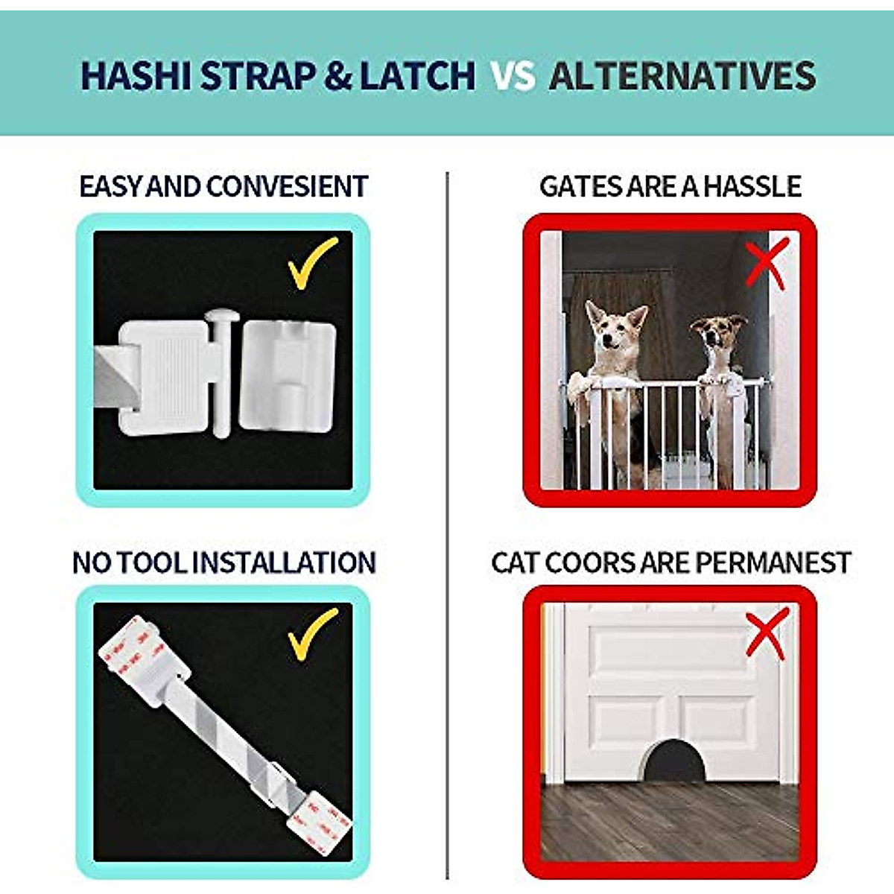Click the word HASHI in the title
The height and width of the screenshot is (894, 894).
click(x=136, y=76)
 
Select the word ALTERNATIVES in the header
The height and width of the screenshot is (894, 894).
click(x=682, y=76)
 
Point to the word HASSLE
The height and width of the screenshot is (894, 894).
click(x=752, y=186)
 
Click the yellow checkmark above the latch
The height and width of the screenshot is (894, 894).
click(x=313, y=263)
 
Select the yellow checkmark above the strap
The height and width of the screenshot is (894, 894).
click(x=313, y=634)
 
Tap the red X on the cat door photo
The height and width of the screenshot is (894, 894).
click(x=767, y=633)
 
